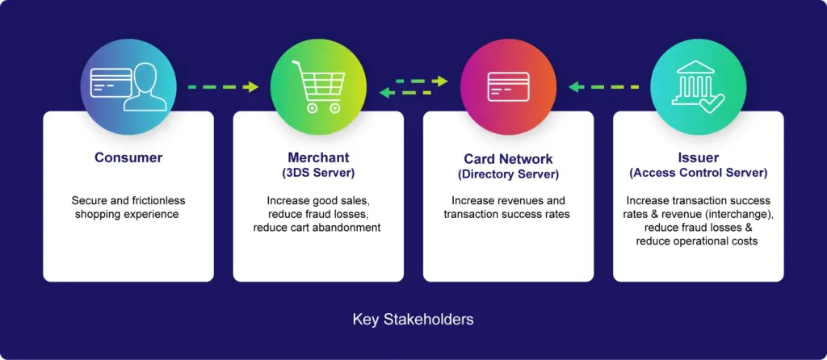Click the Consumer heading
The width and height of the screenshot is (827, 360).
[128, 157]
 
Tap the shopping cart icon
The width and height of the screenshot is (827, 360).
[318, 86]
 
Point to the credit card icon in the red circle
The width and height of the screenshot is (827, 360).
[508, 86]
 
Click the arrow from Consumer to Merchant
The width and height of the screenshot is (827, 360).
[223, 87]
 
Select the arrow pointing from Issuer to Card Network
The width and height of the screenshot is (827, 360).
[603, 87]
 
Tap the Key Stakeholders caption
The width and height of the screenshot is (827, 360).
[413, 320]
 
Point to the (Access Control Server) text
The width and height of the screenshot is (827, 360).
[699, 173]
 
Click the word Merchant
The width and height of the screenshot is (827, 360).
[318, 157]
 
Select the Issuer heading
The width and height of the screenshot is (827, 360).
[699, 157]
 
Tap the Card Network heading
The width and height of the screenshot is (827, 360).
[509, 159]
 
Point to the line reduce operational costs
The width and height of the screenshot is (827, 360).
[697, 241]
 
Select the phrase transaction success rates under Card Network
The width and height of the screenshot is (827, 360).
[507, 214]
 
